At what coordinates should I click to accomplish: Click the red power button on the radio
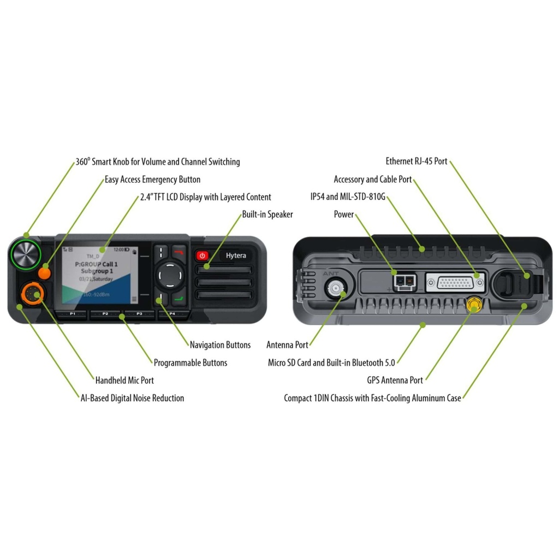[x=203, y=255]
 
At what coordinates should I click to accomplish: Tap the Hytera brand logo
[x=236, y=255]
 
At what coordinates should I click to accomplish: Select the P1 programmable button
[x=72, y=314]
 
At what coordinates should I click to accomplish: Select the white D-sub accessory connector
[x=455, y=283]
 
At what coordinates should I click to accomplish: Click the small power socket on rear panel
[x=404, y=282]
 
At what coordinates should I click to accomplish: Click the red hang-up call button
[x=179, y=252]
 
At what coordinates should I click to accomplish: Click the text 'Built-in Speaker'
[x=267, y=215]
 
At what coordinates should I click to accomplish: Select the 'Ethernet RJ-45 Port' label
[x=417, y=162]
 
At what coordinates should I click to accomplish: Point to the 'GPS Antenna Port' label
[x=395, y=380]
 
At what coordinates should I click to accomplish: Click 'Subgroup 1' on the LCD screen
[x=97, y=271]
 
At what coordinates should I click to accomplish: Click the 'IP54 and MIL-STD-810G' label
[x=348, y=197]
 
